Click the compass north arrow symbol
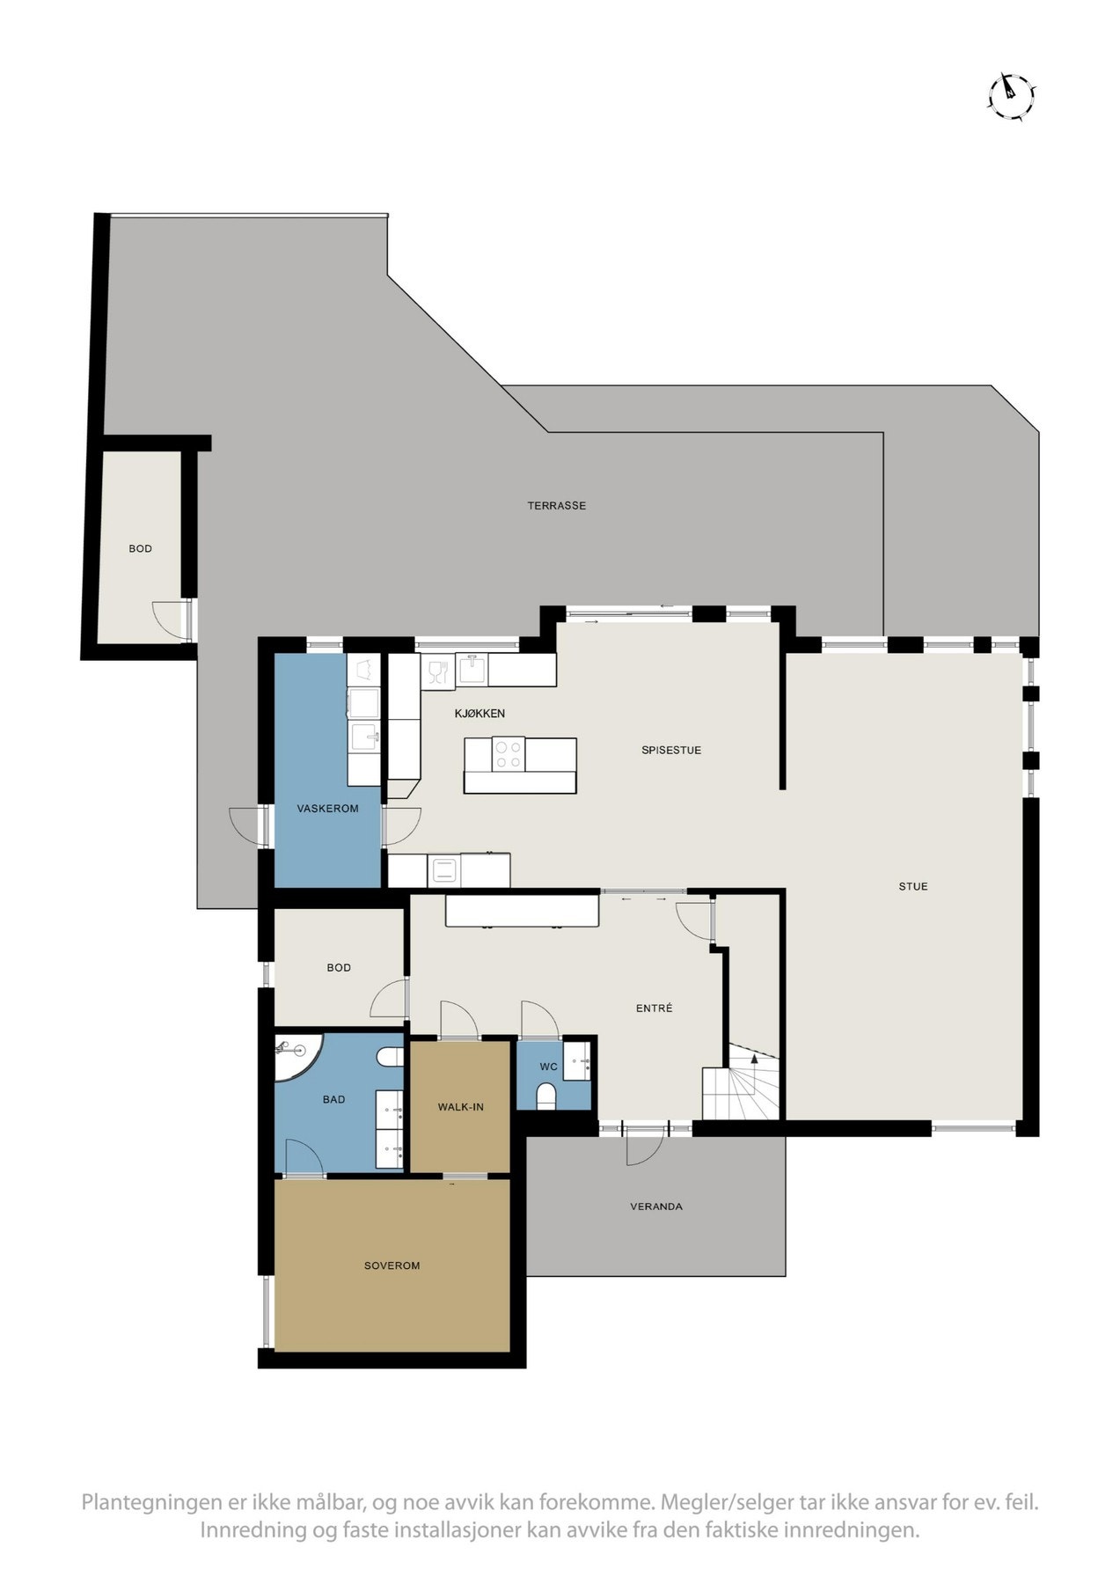coord(1011,95)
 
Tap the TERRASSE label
coord(556,506)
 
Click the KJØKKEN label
coord(479,714)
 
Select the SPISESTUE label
coord(670,751)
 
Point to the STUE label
coord(912,886)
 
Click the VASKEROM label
coord(327,808)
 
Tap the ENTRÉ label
coord(654,1008)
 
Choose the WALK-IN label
coord(460,1107)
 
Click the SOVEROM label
coord(392,1265)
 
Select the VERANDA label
coord(655,1206)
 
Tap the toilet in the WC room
coord(545,1096)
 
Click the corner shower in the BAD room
coord(294,1054)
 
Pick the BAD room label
coord(333,1099)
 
